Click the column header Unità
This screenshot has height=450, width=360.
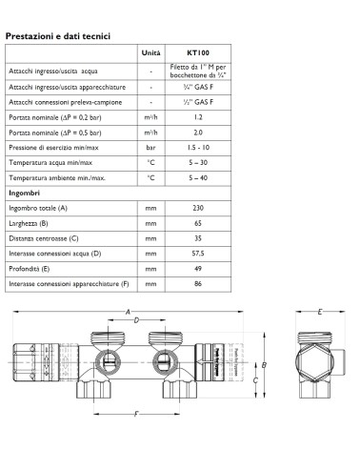point(150,53)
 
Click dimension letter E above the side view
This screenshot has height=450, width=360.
point(320,312)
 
